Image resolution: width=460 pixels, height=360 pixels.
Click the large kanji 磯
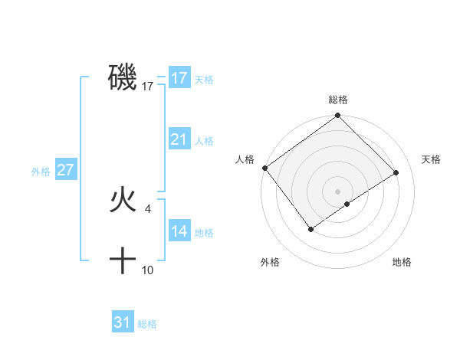(123, 78)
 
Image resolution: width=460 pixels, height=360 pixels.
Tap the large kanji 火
(123, 201)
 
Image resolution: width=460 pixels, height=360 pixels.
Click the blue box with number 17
(179, 78)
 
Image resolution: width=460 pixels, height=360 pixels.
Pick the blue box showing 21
(179, 139)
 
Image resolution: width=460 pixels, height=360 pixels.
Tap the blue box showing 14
(179, 231)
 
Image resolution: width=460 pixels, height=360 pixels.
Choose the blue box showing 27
(65, 170)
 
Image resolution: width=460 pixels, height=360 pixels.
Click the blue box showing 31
(123, 322)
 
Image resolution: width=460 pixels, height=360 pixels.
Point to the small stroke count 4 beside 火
(148, 208)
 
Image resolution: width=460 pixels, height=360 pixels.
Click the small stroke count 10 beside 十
(148, 270)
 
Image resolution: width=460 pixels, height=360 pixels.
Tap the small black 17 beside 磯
(148, 87)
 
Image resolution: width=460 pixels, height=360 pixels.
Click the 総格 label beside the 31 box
(147, 324)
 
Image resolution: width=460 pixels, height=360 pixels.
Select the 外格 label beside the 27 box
(41, 172)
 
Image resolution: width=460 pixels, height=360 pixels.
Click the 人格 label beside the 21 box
(204, 141)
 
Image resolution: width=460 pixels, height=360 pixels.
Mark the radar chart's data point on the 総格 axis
(337, 116)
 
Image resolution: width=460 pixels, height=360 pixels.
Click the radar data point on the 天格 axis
(397, 172)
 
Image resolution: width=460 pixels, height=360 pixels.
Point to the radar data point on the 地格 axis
(347, 204)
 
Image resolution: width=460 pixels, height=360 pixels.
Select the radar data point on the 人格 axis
(264, 168)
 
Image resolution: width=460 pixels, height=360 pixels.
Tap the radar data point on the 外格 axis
(311, 228)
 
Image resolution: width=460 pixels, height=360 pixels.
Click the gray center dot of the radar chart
(337, 191)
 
